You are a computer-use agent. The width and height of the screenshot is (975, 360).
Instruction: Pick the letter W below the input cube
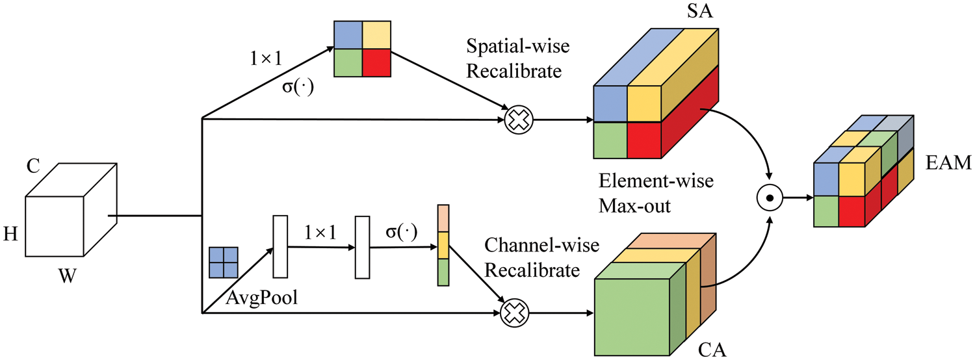pyautogui.click(x=67, y=278)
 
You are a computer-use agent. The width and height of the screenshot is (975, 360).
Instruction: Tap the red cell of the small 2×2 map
pyautogui.click(x=377, y=64)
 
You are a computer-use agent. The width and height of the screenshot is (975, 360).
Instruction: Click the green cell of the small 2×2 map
pyautogui.click(x=348, y=64)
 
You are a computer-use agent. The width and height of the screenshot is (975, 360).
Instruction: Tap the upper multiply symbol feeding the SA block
pyautogui.click(x=518, y=120)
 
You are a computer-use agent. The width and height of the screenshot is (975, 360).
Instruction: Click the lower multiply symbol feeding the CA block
pyautogui.click(x=513, y=315)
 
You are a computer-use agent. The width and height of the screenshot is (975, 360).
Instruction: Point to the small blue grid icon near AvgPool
pyautogui.click(x=223, y=261)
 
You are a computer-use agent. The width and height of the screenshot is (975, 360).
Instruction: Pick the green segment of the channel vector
pyautogui.click(x=443, y=272)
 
